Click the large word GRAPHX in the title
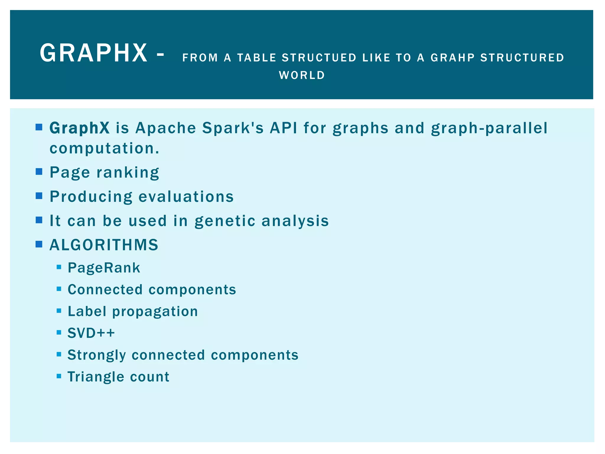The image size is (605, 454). coord(94,53)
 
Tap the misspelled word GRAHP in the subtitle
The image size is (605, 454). coord(453,58)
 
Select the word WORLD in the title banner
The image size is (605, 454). coord(302,75)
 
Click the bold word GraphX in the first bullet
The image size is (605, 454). coord(79,128)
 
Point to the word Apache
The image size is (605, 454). coord(166,128)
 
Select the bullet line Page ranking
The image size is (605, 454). coord(104,172)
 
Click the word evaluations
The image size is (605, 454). coord(186,197)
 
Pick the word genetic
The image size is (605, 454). coord(225,221)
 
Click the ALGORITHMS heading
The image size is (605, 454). coord(104,245)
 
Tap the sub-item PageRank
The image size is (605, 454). coord(104,268)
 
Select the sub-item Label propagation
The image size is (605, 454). coord(133,312)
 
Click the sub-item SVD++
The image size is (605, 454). coord(91,333)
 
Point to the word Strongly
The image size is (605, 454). coord(97,355)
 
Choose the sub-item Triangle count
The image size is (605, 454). coord(118,377)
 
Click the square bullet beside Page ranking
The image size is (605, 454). coord(39,172)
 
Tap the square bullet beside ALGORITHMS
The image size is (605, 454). coord(39,244)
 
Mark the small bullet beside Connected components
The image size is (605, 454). coord(59,289)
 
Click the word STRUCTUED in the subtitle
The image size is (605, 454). coord(319,58)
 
